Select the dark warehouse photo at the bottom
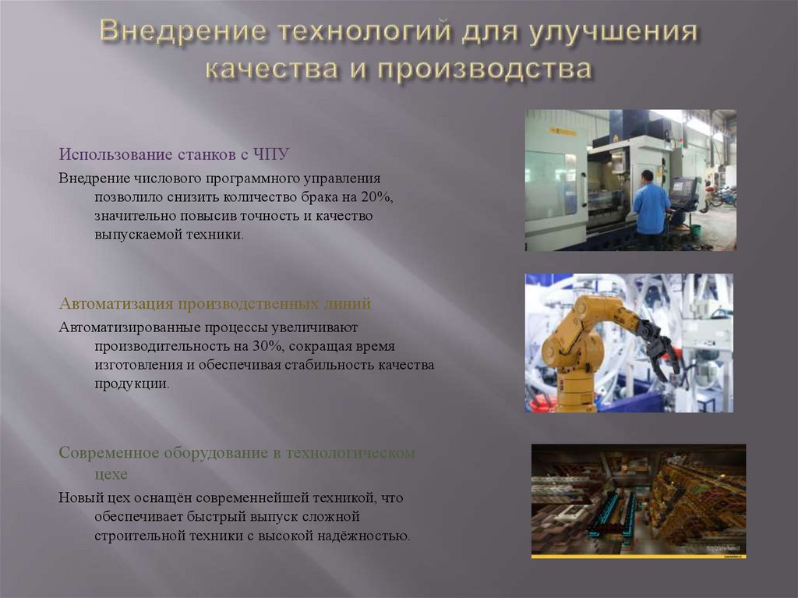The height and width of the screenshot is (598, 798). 638,501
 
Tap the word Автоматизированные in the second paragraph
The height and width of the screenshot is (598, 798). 130,327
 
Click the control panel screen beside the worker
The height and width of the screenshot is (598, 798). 683,189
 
